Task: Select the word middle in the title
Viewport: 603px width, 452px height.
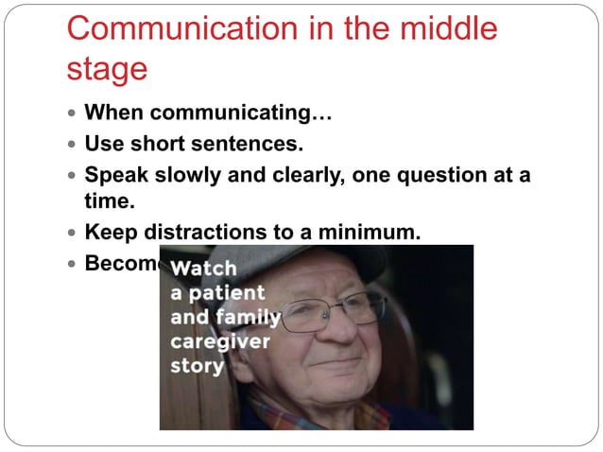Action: (x=443, y=28)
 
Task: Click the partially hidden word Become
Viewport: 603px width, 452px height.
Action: (x=122, y=262)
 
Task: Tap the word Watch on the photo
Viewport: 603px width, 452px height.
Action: (x=203, y=269)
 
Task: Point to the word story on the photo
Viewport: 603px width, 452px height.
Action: (x=197, y=365)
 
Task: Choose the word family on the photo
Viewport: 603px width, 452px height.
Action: (x=247, y=317)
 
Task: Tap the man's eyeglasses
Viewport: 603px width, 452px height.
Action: (x=331, y=312)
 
